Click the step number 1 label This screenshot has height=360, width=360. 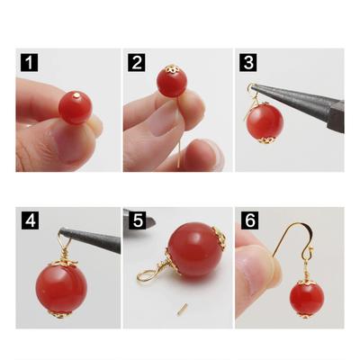[x=29, y=63]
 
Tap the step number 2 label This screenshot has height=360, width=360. [x=137, y=63]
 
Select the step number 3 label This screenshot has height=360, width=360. [x=248, y=63]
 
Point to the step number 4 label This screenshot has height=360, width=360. [x=30, y=220]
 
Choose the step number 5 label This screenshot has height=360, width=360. [x=138, y=220]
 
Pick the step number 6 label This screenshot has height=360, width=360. [x=250, y=220]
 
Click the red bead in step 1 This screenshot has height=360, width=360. [x=75, y=107]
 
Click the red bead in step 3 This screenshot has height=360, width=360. [x=265, y=121]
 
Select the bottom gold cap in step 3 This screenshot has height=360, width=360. [x=265, y=140]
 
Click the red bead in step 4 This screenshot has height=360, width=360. [x=61, y=289]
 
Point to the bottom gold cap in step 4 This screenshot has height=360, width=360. [x=60, y=314]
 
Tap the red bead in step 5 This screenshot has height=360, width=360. [x=195, y=249]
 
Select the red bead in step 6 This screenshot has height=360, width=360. [x=307, y=299]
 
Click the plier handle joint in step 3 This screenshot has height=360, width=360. [x=337, y=116]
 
